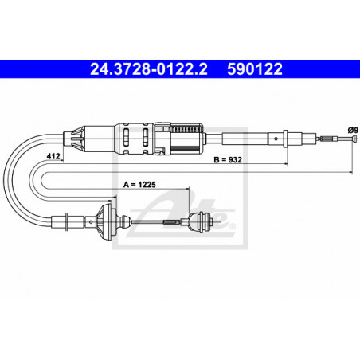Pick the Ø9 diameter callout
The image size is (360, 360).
coord(351,130)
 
